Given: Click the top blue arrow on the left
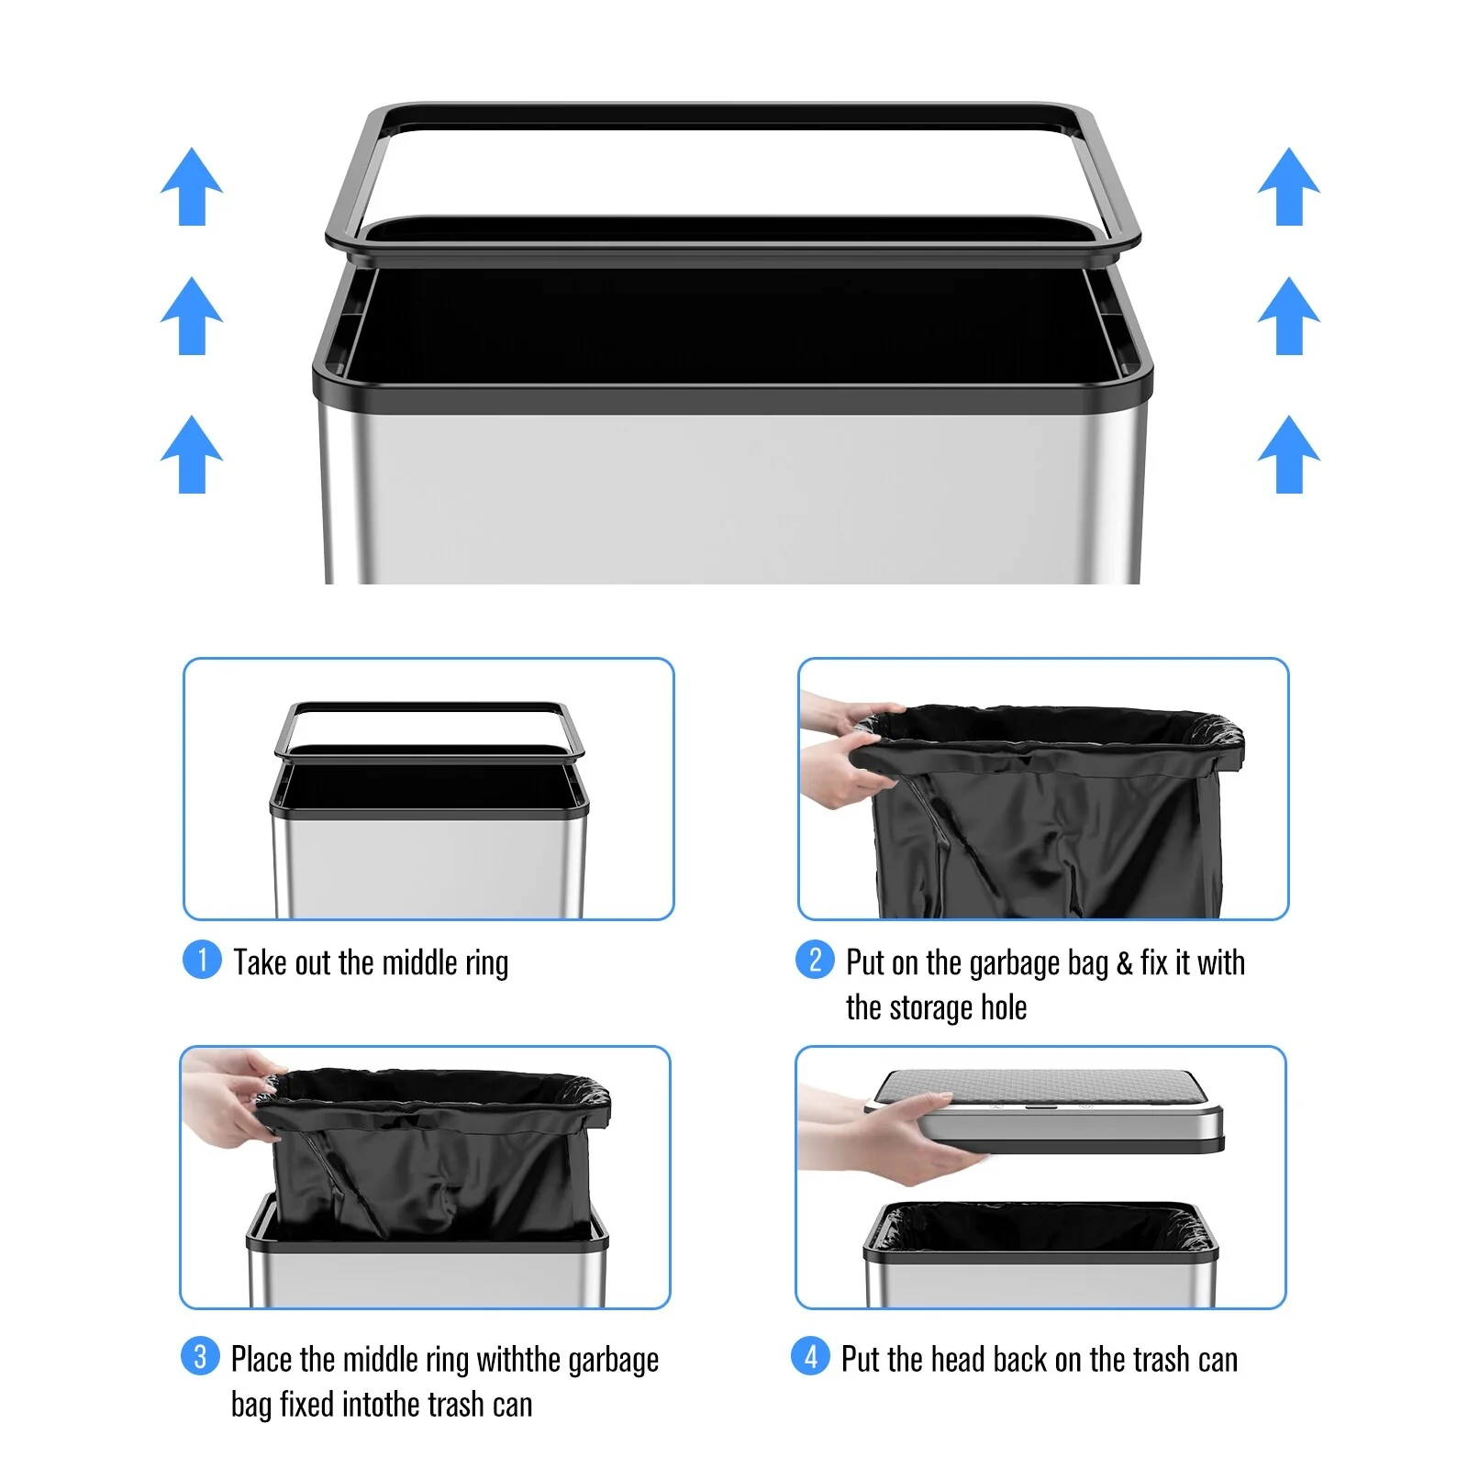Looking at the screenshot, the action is click(x=192, y=186).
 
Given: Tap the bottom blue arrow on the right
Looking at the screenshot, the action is click(x=1289, y=454).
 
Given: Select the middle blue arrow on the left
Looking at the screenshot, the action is click(x=192, y=316).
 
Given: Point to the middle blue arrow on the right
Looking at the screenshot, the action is click(x=1289, y=316).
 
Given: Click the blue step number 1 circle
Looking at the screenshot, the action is click(x=202, y=960).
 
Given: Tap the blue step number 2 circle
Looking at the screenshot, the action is click(x=815, y=960).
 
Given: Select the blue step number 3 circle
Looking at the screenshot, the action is click(x=200, y=1356).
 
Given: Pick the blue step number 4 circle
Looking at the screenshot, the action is click(x=810, y=1356).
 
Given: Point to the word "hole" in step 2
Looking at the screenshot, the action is click(x=1004, y=1007).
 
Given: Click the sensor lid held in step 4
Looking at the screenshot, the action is click(x=1046, y=1110).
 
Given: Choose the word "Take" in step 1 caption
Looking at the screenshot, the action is click(x=260, y=962).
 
